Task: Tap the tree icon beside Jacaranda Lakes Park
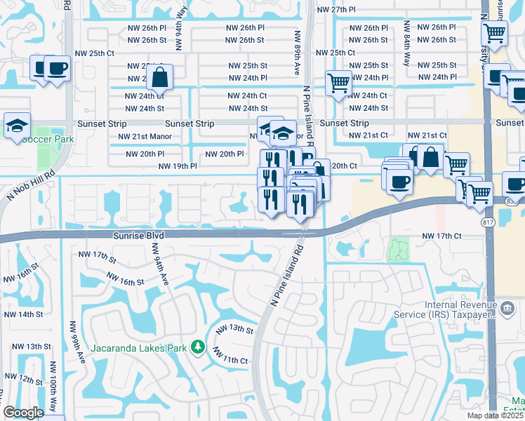(x=199, y=347)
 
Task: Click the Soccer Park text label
(x=48, y=139)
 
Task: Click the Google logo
(x=23, y=413)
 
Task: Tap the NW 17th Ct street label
(x=442, y=236)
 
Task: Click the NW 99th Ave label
(x=77, y=342)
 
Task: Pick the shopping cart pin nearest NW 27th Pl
(x=495, y=32)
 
